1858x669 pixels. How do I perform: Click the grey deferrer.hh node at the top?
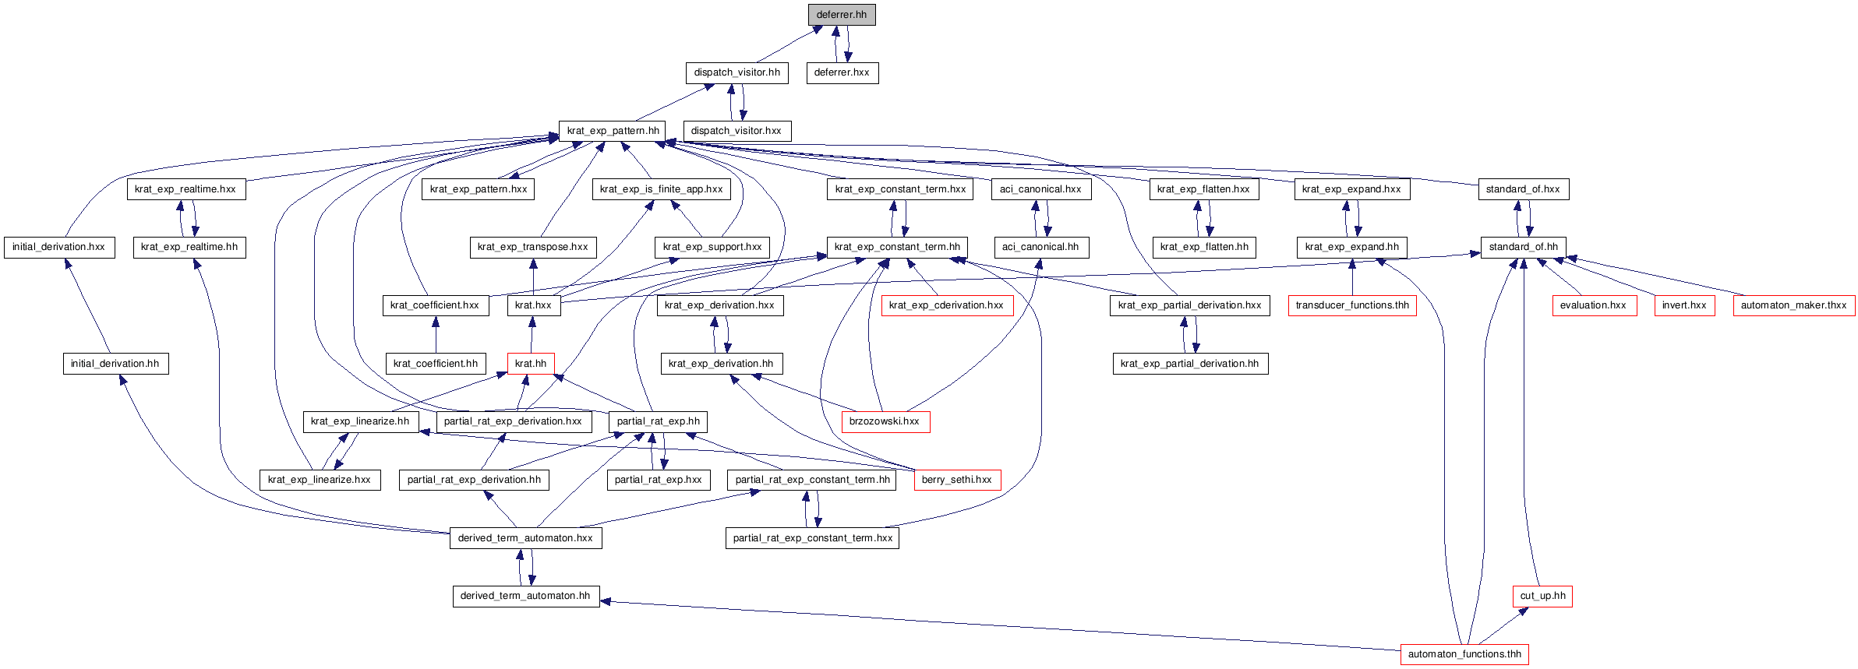841,15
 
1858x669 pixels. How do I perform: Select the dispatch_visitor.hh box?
736,72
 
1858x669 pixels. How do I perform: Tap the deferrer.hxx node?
842,72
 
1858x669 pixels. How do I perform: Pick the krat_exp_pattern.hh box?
613,131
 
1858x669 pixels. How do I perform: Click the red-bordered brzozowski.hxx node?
885,421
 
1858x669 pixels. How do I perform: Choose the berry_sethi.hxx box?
956,480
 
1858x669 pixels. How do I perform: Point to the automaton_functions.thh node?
1464,654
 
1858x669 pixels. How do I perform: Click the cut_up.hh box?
1542,596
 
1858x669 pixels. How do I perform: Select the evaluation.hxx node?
1593,305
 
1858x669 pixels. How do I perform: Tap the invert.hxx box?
1683,305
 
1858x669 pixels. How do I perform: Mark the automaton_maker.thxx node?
1793,305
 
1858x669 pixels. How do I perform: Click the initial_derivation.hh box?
115,364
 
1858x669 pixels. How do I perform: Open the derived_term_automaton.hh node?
525,596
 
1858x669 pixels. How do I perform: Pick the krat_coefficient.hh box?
436,364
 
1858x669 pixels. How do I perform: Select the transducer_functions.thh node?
1351,305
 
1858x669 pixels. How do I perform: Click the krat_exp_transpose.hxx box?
533,247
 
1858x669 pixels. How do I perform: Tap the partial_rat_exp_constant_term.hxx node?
812,538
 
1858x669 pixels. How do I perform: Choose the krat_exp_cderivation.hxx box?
946,305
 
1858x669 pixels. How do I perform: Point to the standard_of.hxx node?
1523,189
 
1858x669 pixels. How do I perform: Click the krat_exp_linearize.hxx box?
320,480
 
